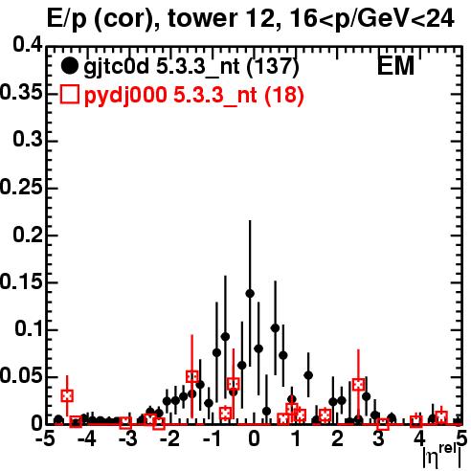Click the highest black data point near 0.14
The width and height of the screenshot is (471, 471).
[250, 294]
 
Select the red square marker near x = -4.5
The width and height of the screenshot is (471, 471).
[67, 396]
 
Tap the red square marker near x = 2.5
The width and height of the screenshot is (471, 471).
[358, 385]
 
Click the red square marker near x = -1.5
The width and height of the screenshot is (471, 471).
[192, 377]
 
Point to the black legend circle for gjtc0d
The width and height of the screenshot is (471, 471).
[69, 66]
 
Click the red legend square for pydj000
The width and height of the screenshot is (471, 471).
[69, 95]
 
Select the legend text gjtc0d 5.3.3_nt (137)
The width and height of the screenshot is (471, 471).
[191, 67]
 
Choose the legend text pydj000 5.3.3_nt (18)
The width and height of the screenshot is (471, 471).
[194, 95]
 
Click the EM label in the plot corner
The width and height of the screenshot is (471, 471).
[395, 66]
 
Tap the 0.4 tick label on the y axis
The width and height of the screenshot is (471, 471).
[28, 45]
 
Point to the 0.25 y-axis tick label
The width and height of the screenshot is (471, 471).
[21, 188]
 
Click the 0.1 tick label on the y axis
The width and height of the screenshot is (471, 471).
[29, 329]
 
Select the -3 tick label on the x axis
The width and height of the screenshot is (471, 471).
[127, 438]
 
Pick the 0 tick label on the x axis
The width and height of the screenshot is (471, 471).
[254, 438]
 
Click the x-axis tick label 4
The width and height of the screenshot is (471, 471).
[420, 438]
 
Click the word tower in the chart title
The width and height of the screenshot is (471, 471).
[202, 19]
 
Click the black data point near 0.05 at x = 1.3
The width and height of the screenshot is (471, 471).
[308, 375]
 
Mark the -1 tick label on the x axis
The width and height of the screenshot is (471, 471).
[212, 438]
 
